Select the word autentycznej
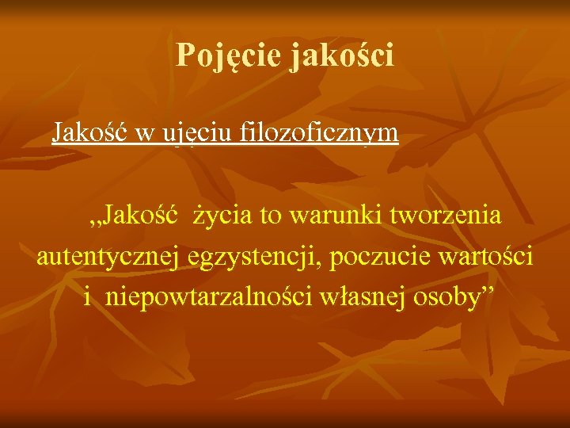[x=112, y=257]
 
